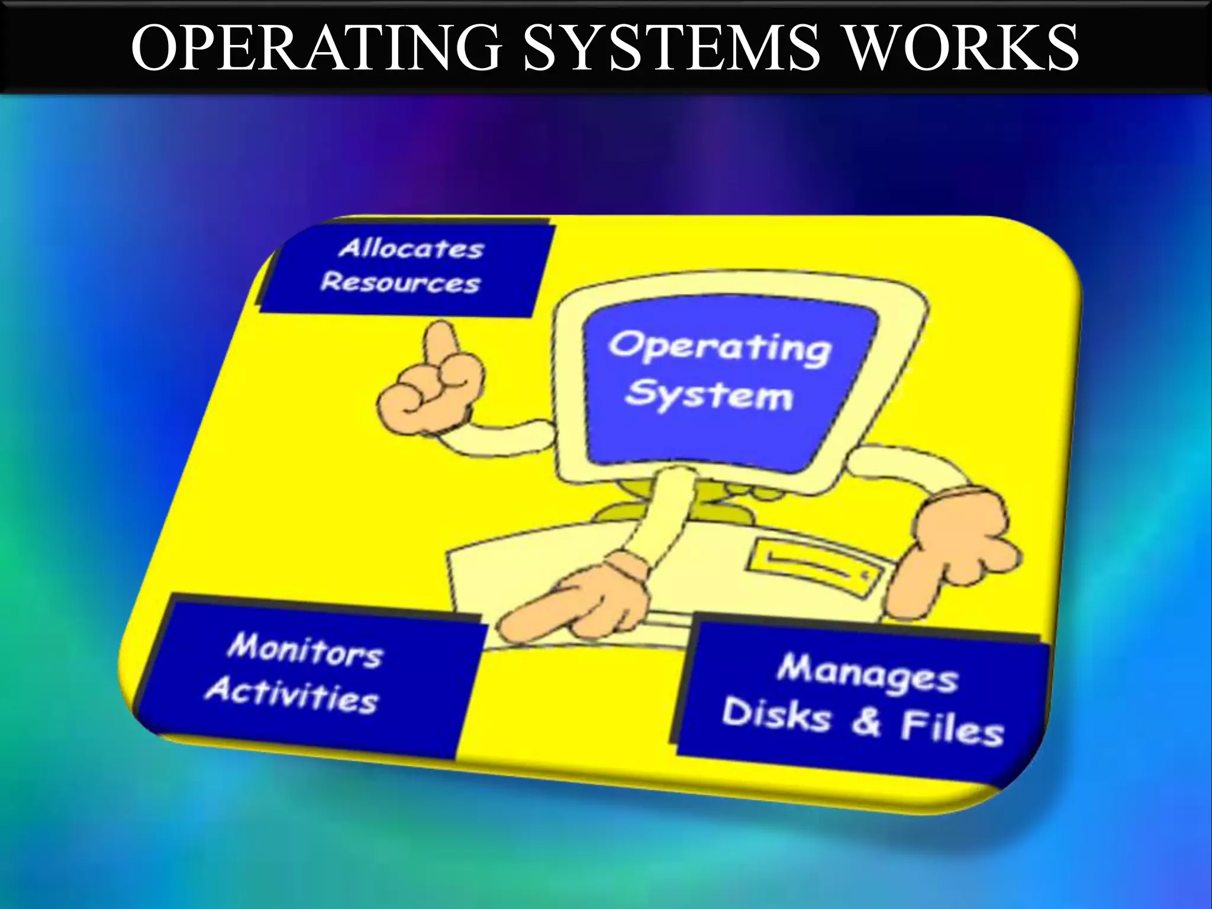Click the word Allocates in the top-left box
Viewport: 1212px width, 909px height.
(x=411, y=249)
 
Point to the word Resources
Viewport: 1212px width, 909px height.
(x=401, y=283)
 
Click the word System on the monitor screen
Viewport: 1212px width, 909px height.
(x=709, y=394)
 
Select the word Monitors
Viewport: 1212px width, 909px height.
(x=305, y=651)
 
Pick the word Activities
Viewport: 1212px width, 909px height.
(x=292, y=697)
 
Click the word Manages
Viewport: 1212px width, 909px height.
(x=868, y=675)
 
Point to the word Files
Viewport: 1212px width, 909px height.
(x=952, y=729)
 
